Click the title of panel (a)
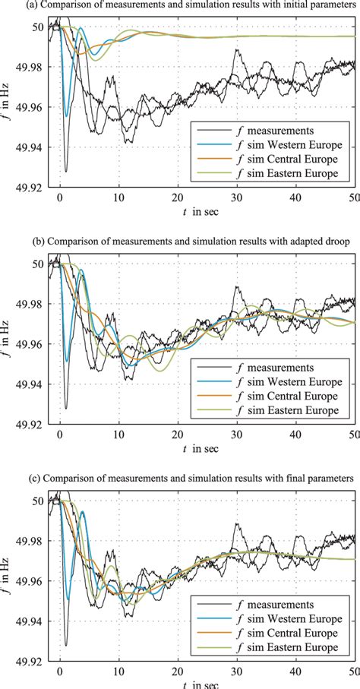(x=180, y=6)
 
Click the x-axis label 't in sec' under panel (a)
(x=198, y=211)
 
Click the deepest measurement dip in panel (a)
(x=66, y=171)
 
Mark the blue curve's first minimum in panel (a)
(x=66, y=116)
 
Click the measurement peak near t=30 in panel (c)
(x=237, y=523)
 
